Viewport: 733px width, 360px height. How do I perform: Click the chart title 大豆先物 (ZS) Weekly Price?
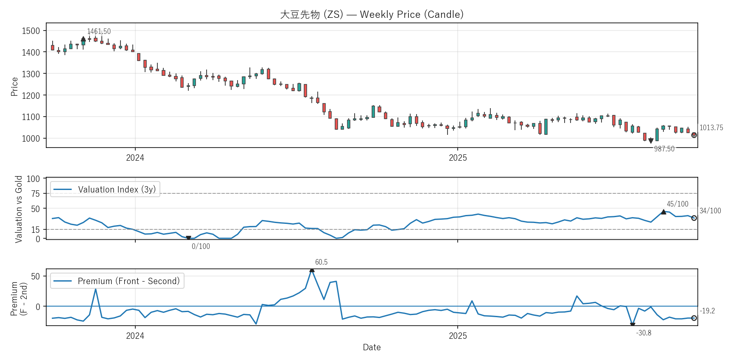372,14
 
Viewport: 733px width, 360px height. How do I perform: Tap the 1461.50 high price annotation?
99,31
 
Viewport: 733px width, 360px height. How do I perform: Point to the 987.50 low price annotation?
664,149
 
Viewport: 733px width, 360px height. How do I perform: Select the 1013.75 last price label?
711,128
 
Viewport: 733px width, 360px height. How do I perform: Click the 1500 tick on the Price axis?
31,31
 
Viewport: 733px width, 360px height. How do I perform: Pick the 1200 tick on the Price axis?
31,95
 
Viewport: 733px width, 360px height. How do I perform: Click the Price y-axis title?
14,87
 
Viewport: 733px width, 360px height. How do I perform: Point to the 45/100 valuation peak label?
677,204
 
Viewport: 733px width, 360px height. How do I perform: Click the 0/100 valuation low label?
201,246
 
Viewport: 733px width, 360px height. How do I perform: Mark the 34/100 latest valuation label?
710,211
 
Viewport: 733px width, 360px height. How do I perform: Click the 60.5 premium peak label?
321,262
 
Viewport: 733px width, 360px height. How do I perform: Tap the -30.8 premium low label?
643,333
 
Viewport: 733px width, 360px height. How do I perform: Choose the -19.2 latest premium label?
707,311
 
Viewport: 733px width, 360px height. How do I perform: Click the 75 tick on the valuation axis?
36,194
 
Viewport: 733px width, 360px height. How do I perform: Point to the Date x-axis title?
372,347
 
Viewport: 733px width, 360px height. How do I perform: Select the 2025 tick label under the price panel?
458,158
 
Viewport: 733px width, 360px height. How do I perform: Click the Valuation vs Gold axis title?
19,209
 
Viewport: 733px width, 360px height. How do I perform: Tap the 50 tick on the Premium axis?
36,276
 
